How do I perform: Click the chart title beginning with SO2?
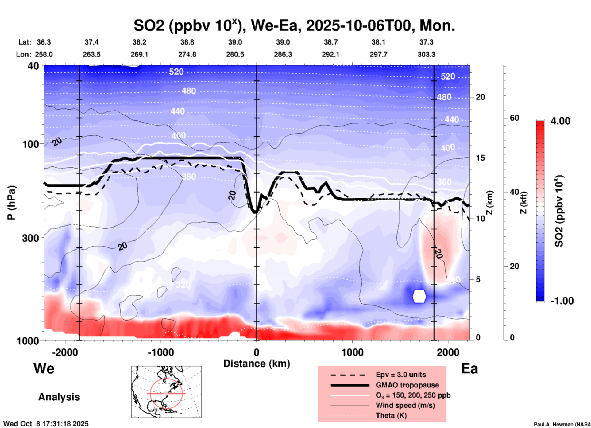click(x=294, y=26)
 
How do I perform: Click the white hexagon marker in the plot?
click(x=419, y=296)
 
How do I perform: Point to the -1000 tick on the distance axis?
click(x=161, y=352)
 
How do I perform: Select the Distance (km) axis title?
click(x=257, y=364)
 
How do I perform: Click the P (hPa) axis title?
click(x=11, y=203)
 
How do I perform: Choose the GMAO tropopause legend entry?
click(x=407, y=385)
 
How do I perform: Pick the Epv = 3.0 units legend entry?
click(x=401, y=375)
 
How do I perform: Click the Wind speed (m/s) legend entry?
click(x=405, y=405)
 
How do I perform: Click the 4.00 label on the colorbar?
click(x=560, y=121)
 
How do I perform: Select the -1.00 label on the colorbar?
click(x=562, y=301)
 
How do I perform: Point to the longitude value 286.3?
click(x=283, y=54)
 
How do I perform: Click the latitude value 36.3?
click(x=44, y=42)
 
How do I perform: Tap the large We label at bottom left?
click(x=44, y=368)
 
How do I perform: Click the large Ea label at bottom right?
click(x=469, y=368)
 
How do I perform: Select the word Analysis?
click(x=59, y=397)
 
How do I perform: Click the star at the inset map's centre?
click(x=166, y=393)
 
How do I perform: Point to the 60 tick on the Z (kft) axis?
click(x=515, y=118)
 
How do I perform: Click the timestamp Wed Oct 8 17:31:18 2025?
click(x=46, y=424)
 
